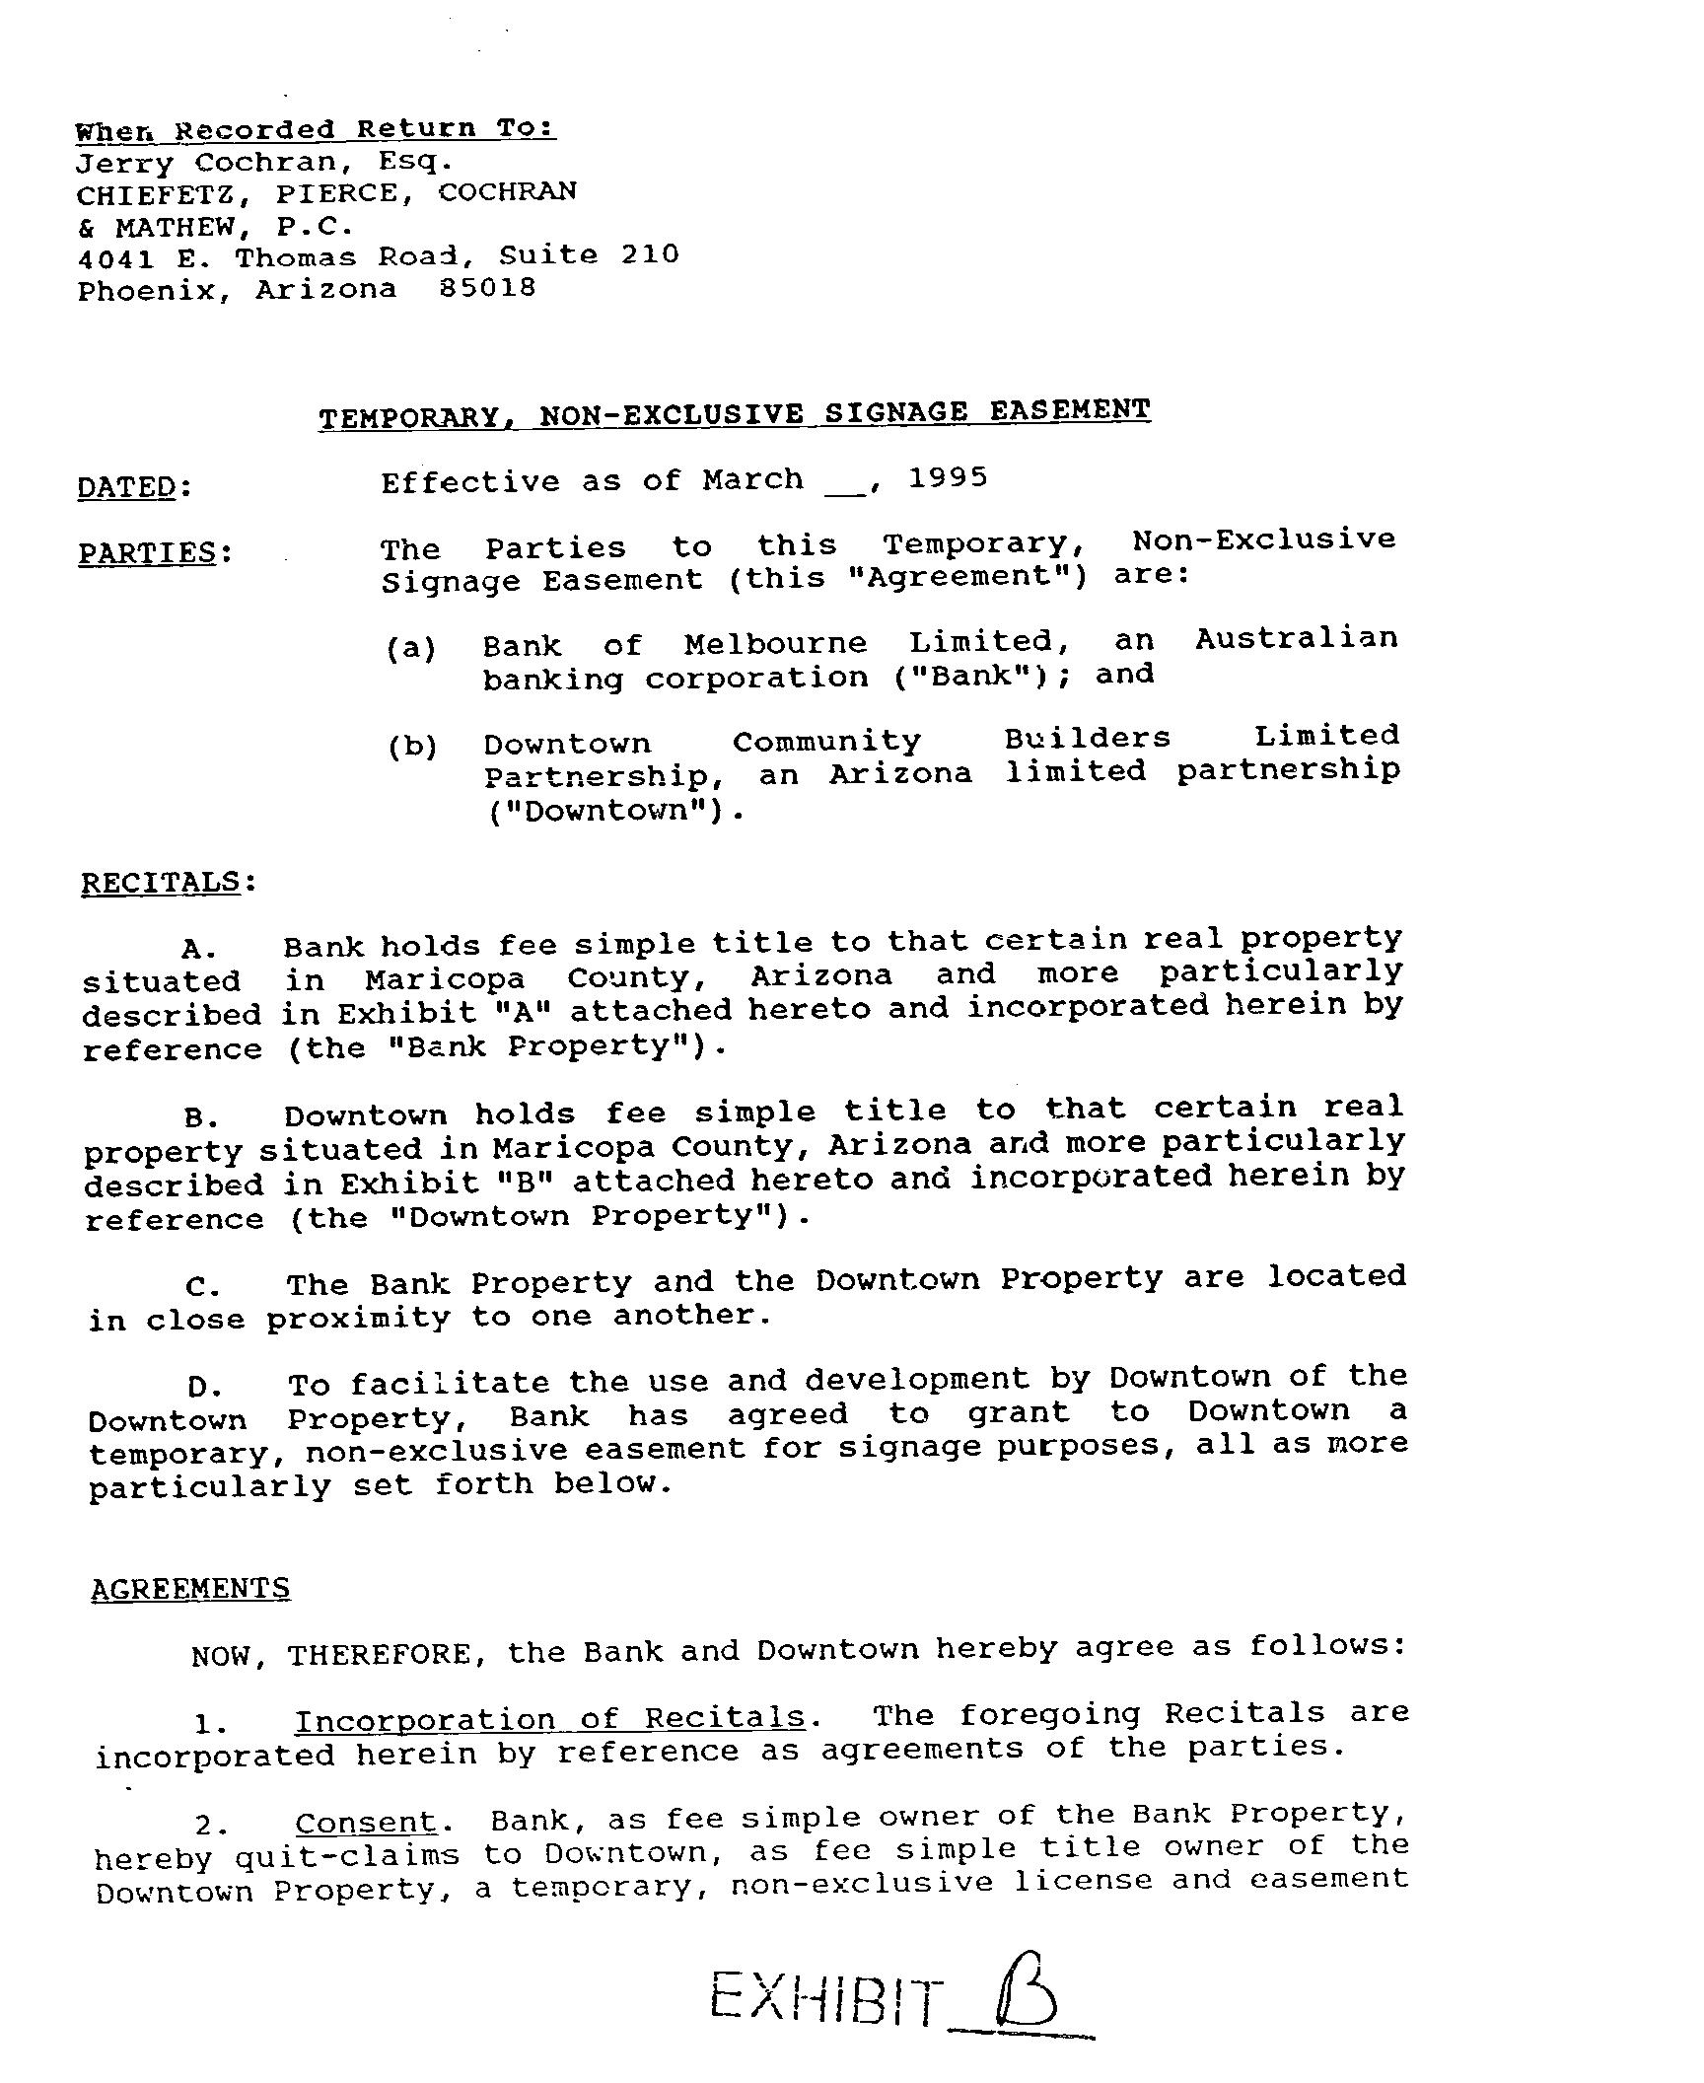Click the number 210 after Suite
click(x=650, y=254)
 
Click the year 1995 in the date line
click(x=947, y=478)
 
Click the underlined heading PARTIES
click(x=148, y=552)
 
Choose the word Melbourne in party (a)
click(x=775, y=644)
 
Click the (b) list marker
click(x=412, y=747)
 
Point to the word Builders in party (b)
click(x=1088, y=739)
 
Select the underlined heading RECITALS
click(x=161, y=882)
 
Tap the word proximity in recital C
click(x=358, y=1319)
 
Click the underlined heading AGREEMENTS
click(x=190, y=1589)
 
